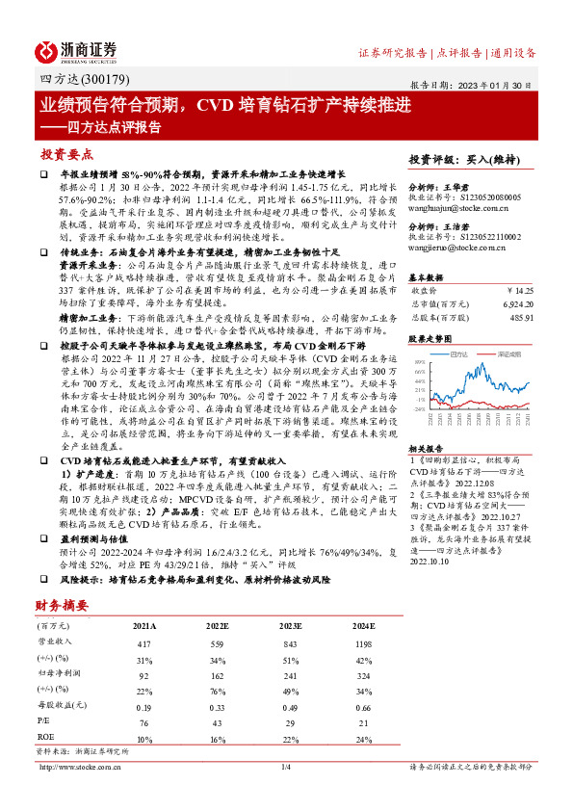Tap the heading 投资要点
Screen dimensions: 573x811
coord(66,153)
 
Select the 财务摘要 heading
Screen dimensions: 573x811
coord(61,605)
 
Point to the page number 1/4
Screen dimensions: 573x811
coord(285,767)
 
